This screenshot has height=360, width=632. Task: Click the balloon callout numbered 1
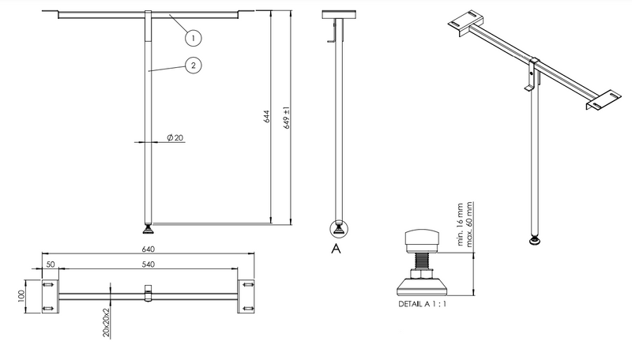194,38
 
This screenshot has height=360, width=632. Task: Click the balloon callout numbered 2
194,66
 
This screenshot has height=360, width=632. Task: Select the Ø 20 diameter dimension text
175,137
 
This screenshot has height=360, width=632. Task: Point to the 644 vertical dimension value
266,116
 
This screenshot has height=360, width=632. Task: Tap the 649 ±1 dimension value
287,118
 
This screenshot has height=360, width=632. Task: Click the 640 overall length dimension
148,249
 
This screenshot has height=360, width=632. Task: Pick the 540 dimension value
148,264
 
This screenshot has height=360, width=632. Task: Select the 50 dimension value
51,264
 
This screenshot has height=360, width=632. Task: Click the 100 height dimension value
21,295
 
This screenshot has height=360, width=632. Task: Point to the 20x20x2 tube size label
106,323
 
